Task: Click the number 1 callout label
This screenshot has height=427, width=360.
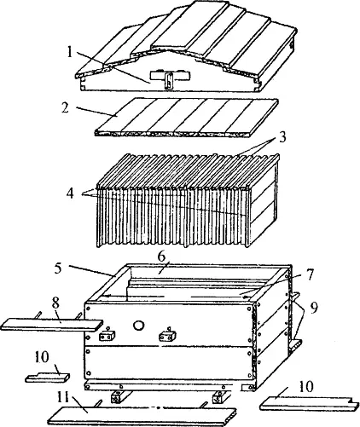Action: tap(70, 51)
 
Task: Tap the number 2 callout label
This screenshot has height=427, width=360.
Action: tap(66, 107)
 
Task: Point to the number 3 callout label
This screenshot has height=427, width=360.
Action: tap(282, 137)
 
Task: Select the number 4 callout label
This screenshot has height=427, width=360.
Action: tap(70, 193)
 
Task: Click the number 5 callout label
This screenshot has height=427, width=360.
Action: tap(58, 268)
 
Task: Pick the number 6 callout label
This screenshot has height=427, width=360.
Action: tap(161, 257)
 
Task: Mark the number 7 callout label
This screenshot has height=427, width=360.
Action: tap(310, 274)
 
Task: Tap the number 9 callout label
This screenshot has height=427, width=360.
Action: tap(314, 309)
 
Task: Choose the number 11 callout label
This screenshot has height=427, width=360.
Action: tap(63, 397)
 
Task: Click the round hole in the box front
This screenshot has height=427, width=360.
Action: tap(138, 326)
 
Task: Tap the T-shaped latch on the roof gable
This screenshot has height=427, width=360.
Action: tap(170, 78)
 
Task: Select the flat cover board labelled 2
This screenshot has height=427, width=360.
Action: tap(186, 117)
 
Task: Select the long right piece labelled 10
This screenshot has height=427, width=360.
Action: tap(308, 403)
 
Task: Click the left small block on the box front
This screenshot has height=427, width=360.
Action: tap(107, 336)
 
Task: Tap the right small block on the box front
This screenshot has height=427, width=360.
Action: tap(167, 337)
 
